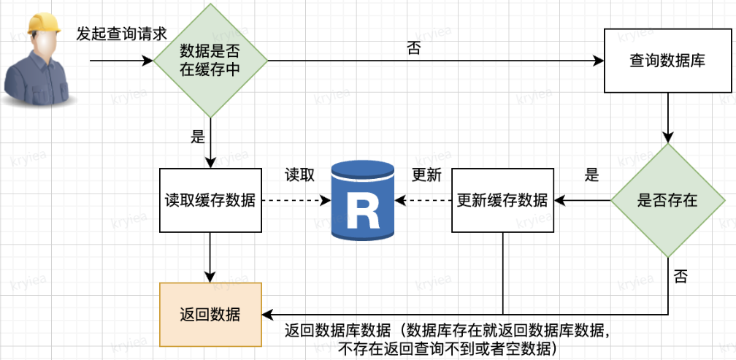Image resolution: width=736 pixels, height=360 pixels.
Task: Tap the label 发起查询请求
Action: pyautogui.click(x=122, y=34)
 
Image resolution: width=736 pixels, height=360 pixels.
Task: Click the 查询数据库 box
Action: pyautogui.click(x=667, y=61)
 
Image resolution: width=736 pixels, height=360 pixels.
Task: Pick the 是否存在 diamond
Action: pyautogui.click(x=667, y=200)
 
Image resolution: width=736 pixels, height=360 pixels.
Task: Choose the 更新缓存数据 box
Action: pyautogui.click(x=502, y=200)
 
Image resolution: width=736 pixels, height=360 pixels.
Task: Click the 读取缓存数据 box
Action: pyautogui.click(x=210, y=200)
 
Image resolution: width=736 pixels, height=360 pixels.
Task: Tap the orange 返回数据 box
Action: pyautogui.click(x=210, y=314)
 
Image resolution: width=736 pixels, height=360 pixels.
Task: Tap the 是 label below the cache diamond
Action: pyautogui.click(x=197, y=136)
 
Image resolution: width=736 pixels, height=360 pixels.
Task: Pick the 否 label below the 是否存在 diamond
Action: pyautogui.click(x=681, y=276)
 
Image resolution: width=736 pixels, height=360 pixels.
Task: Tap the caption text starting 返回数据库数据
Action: pyautogui.click(x=447, y=338)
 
